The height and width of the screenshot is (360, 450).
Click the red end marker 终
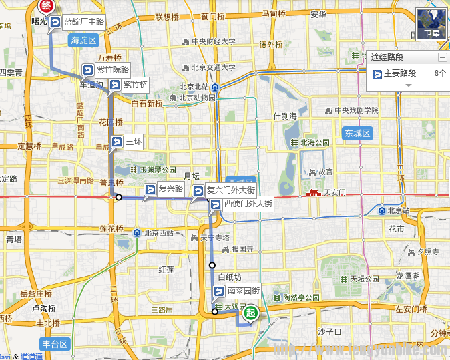[45, 7]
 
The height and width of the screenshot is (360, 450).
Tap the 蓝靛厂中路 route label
[79, 23]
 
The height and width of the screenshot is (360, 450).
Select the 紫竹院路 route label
[106, 70]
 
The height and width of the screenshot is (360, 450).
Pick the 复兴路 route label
[164, 189]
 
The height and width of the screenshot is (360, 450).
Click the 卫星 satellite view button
[432, 24]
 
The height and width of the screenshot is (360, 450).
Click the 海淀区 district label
[83, 40]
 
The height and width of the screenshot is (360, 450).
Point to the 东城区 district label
[357, 133]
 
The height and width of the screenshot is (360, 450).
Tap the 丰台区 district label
[55, 344]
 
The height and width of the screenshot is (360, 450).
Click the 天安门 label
[336, 193]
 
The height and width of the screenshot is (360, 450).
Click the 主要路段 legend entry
[399, 73]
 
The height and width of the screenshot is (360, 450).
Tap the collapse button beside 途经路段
[442, 58]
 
